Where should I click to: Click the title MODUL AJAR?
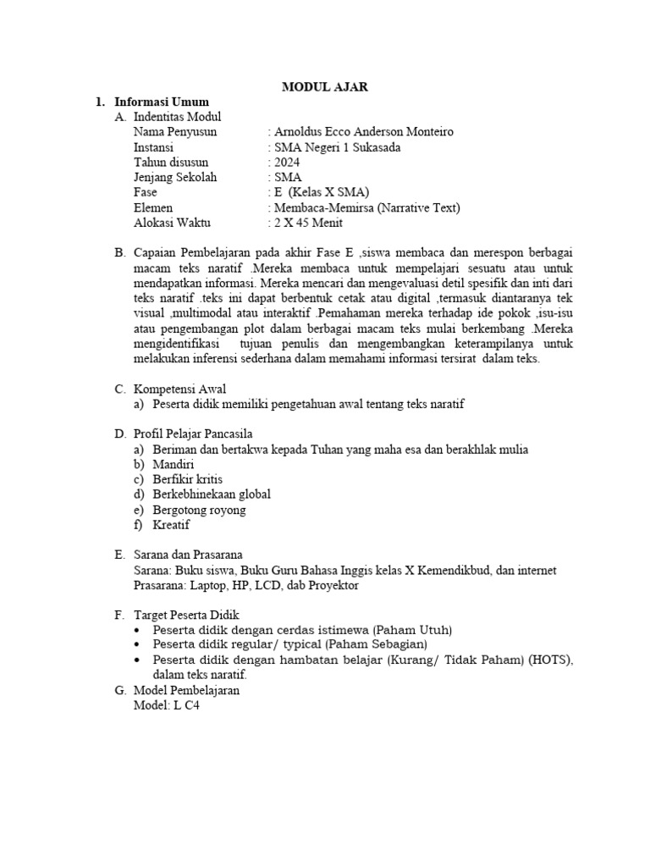click(x=326, y=86)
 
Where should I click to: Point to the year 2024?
click(x=286, y=163)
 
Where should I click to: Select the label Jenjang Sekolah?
click(x=175, y=178)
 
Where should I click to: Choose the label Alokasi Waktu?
click(x=172, y=224)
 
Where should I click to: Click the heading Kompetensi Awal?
click(x=179, y=389)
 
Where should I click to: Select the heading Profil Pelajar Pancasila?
click(x=194, y=434)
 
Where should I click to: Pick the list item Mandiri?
click(x=174, y=465)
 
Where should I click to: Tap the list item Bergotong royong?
click(x=200, y=511)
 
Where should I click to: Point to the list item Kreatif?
click(x=172, y=526)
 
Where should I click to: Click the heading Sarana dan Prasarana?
click(x=188, y=555)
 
